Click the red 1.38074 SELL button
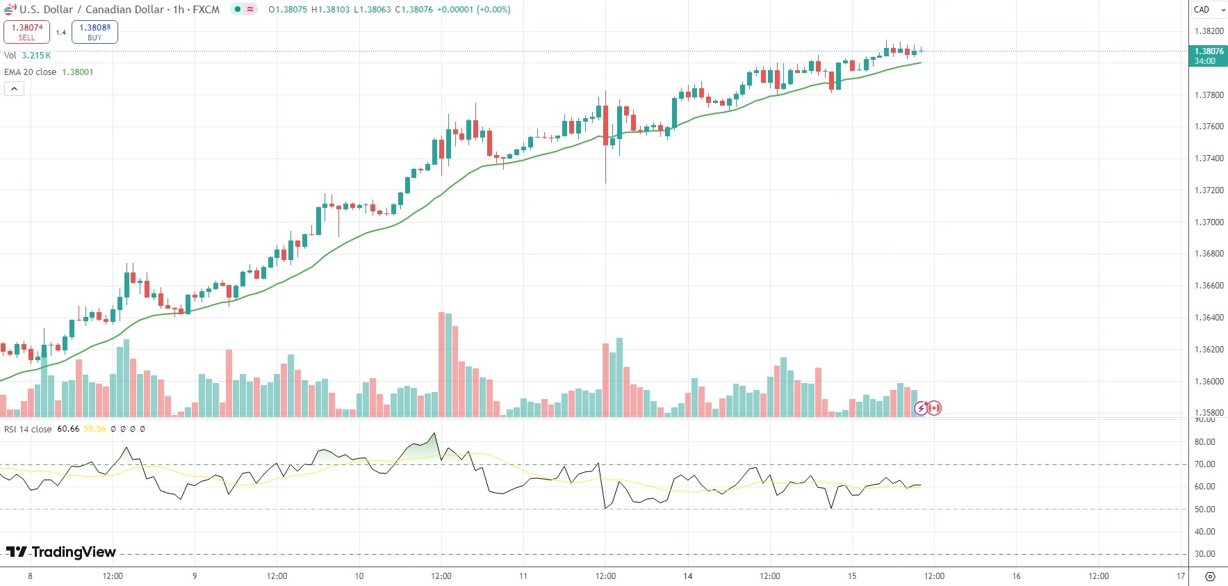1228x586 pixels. pyautogui.click(x=26, y=32)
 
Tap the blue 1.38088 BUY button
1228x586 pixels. pyautogui.click(x=95, y=32)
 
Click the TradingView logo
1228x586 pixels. pyautogui.click(x=61, y=552)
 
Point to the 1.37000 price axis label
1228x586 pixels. pyautogui.click(x=1209, y=222)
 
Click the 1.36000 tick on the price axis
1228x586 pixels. pyautogui.click(x=1209, y=382)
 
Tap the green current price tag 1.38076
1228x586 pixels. pyautogui.click(x=1209, y=56)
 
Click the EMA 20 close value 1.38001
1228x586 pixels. pyautogui.click(x=77, y=72)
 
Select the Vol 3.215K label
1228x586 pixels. pyautogui.click(x=28, y=56)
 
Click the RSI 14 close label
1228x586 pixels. pyautogui.click(x=28, y=429)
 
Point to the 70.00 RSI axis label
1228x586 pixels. pyautogui.click(x=1204, y=464)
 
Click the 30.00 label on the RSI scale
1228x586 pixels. pyautogui.click(x=1204, y=554)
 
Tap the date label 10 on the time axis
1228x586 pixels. pyautogui.click(x=359, y=576)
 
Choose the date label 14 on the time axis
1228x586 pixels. pyautogui.click(x=687, y=576)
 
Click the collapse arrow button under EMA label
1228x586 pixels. pyautogui.click(x=14, y=88)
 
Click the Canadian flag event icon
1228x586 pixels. pyautogui.click(x=934, y=408)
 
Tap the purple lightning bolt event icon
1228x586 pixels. pyautogui.click(x=921, y=408)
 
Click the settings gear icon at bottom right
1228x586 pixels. pyautogui.click(x=1210, y=577)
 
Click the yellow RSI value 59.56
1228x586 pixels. pyautogui.click(x=95, y=429)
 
